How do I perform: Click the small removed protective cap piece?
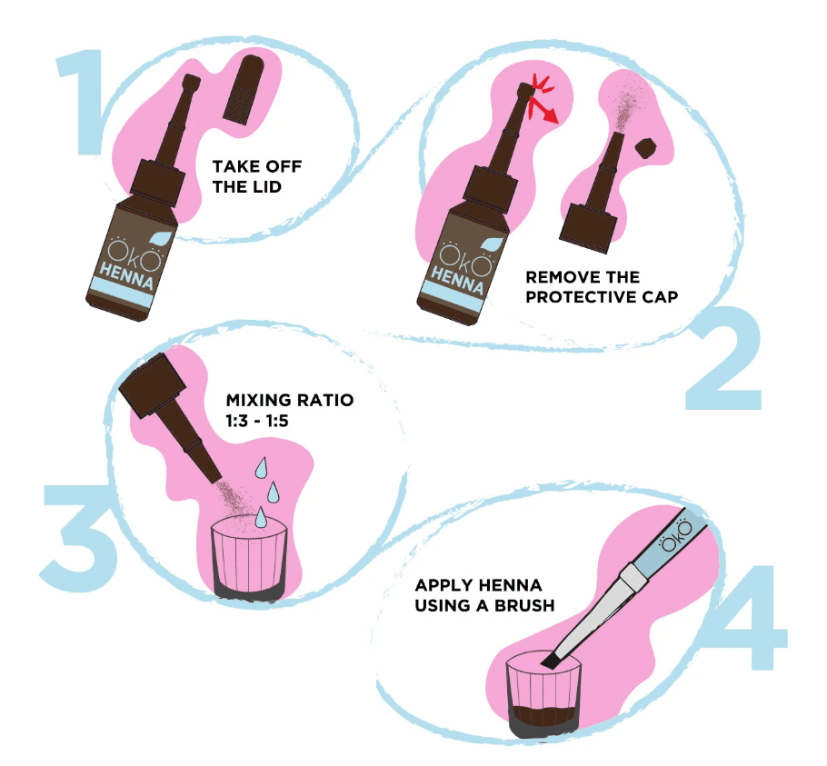[x=646, y=147]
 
